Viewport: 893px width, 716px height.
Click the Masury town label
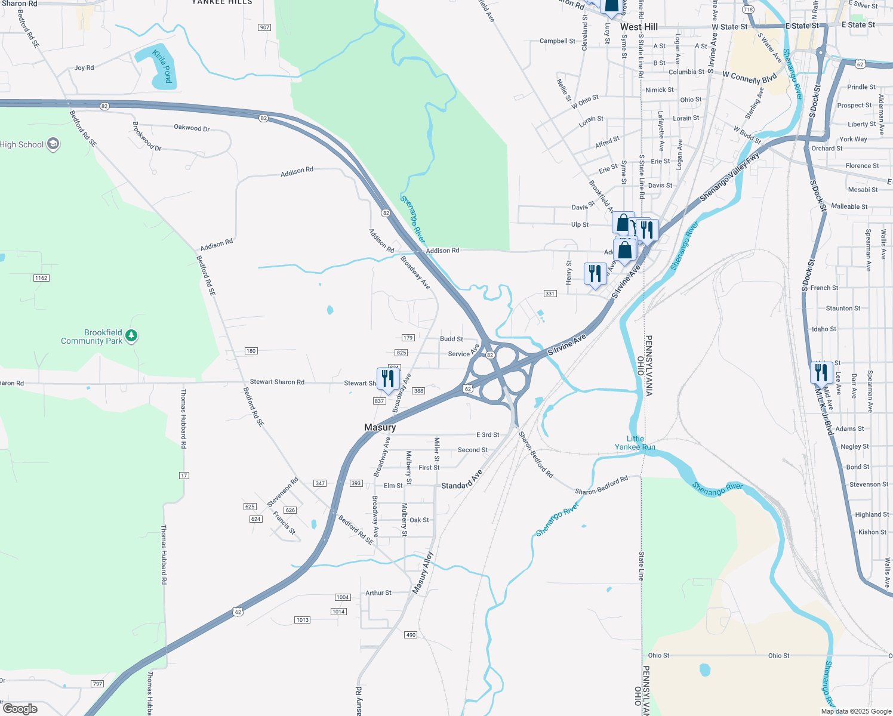[380, 427]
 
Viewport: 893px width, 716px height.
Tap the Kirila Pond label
[162, 66]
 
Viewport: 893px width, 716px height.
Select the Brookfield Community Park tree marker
[132, 336]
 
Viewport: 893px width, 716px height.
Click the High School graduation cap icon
[53, 144]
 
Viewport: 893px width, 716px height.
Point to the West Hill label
[639, 27]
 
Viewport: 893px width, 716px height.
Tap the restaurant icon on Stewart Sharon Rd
[388, 379]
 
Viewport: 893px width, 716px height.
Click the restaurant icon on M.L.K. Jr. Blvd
[821, 373]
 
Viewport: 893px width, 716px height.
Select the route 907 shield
[264, 27]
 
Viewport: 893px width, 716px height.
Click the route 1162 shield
[41, 278]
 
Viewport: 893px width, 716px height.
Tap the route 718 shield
[749, 10]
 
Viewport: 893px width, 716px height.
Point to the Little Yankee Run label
[635, 443]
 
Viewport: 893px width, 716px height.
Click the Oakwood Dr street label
[192, 128]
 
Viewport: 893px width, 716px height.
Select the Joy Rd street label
[84, 68]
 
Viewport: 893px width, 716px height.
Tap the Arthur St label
[378, 593]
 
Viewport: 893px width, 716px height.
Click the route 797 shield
[97, 684]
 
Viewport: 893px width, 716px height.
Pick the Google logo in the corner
[20, 709]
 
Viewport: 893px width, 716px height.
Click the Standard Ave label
[462, 481]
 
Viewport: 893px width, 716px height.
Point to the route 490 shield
[411, 635]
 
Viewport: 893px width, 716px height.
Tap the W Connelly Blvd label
[750, 78]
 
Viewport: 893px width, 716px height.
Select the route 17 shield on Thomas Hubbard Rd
[184, 476]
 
